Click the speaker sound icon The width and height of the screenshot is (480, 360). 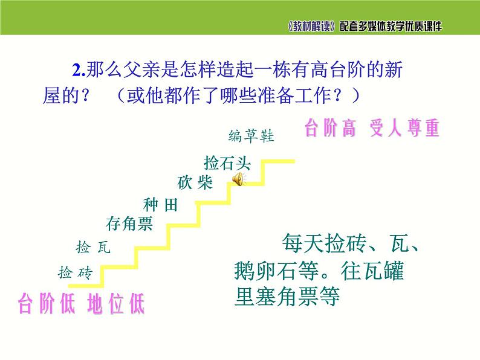pyautogui.click(x=238, y=178)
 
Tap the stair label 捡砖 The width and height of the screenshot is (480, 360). pyautogui.click(x=74, y=272)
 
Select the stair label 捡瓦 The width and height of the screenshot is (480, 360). pyautogui.click(x=93, y=247)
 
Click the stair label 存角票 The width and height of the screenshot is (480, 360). pyautogui.click(x=129, y=225)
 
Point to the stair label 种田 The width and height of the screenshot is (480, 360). pyautogui.click(x=161, y=205)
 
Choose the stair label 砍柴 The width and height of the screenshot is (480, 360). pyautogui.click(x=195, y=183)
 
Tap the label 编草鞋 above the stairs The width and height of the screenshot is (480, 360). pyautogui.click(x=251, y=136)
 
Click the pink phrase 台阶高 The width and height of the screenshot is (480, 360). pyautogui.click(x=330, y=129)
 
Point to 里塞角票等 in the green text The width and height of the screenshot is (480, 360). pyautogui.click(x=288, y=296)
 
